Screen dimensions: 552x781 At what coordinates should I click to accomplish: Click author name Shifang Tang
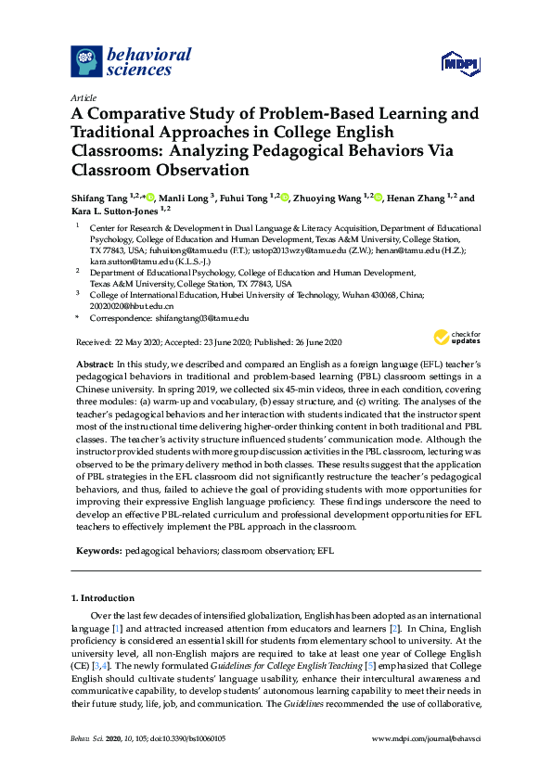100,198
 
